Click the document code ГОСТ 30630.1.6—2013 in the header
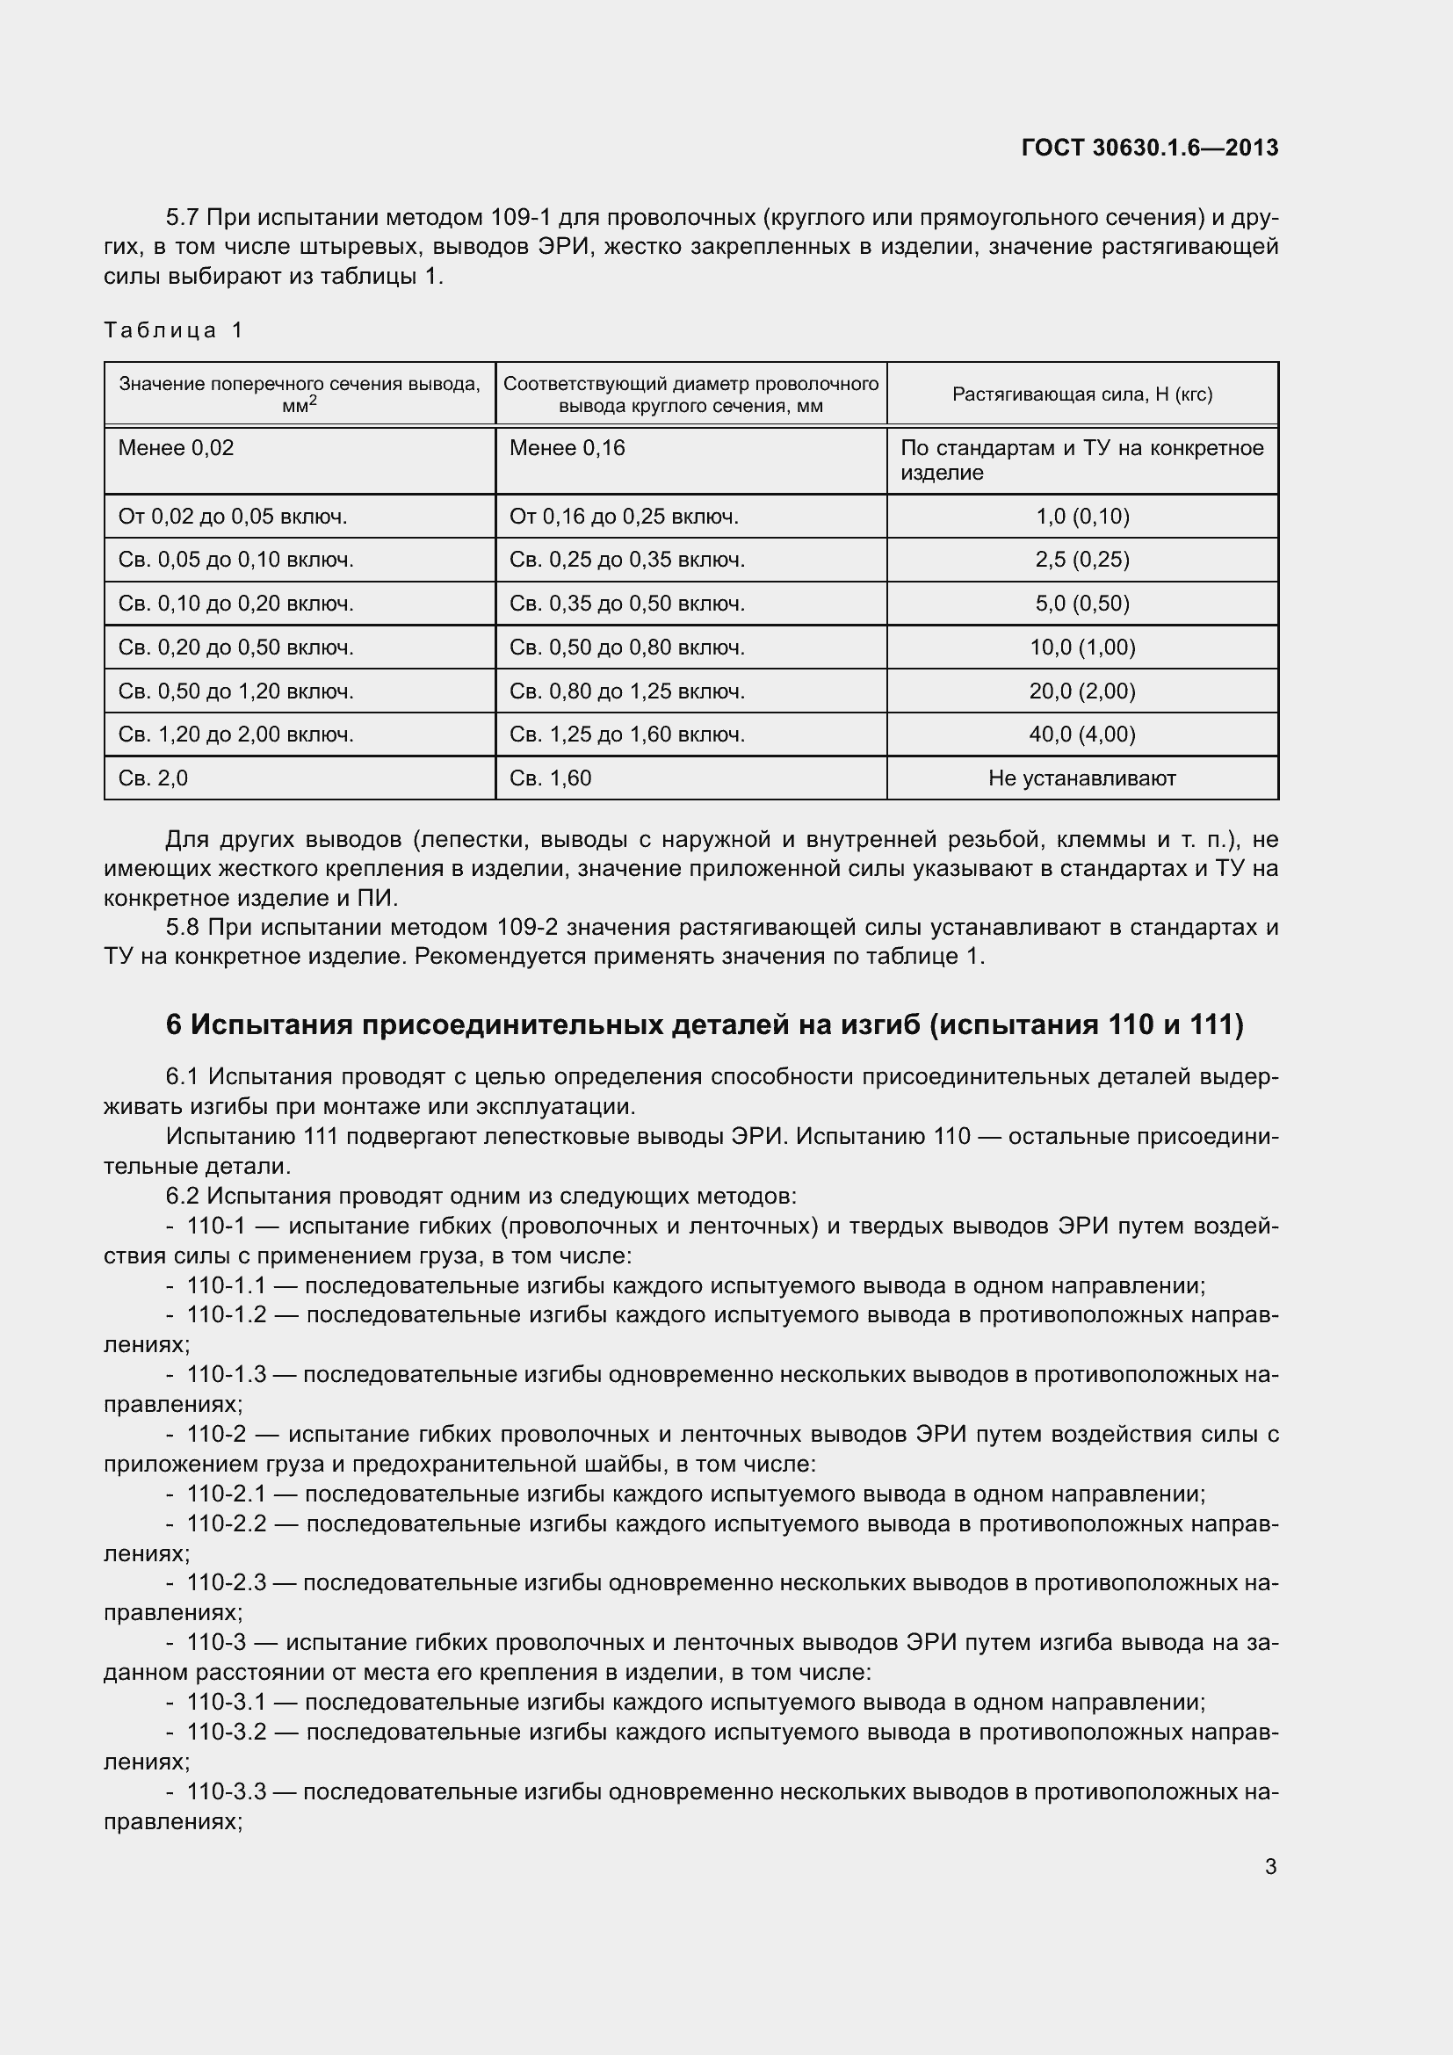[1149, 148]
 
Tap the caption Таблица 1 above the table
[173, 330]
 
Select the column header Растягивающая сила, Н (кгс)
[1081, 394]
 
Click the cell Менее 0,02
[177, 447]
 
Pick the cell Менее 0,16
[567, 447]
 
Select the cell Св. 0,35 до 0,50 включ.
[626, 604]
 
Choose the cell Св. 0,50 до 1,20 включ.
[236, 691]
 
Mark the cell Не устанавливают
[1081, 778]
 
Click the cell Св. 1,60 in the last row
[550, 778]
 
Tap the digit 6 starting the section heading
[174, 1024]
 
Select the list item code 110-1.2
[227, 1315]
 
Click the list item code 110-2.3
[227, 1582]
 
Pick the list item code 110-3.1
[227, 1702]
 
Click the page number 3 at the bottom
[1270, 1866]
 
